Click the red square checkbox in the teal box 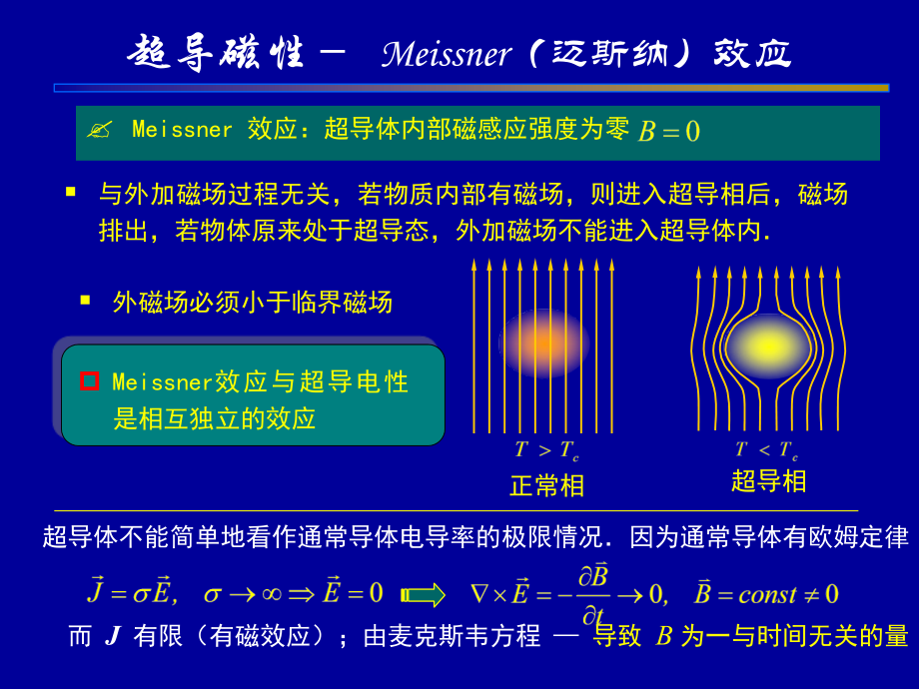[90, 380]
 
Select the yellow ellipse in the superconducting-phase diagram [767, 345]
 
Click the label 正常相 [546, 485]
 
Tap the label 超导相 [768, 481]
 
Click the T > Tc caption [546, 450]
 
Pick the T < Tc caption [767, 450]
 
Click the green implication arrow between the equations [425, 595]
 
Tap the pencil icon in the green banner [99, 130]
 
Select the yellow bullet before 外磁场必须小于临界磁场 [85, 299]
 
